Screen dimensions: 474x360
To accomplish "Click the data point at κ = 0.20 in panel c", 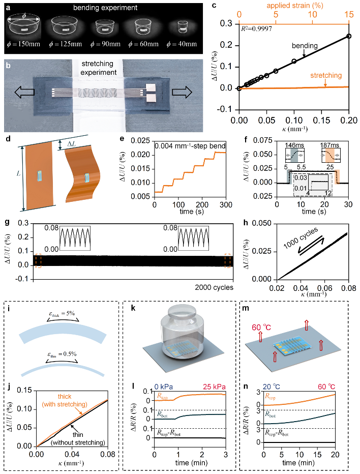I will coord(348,36).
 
